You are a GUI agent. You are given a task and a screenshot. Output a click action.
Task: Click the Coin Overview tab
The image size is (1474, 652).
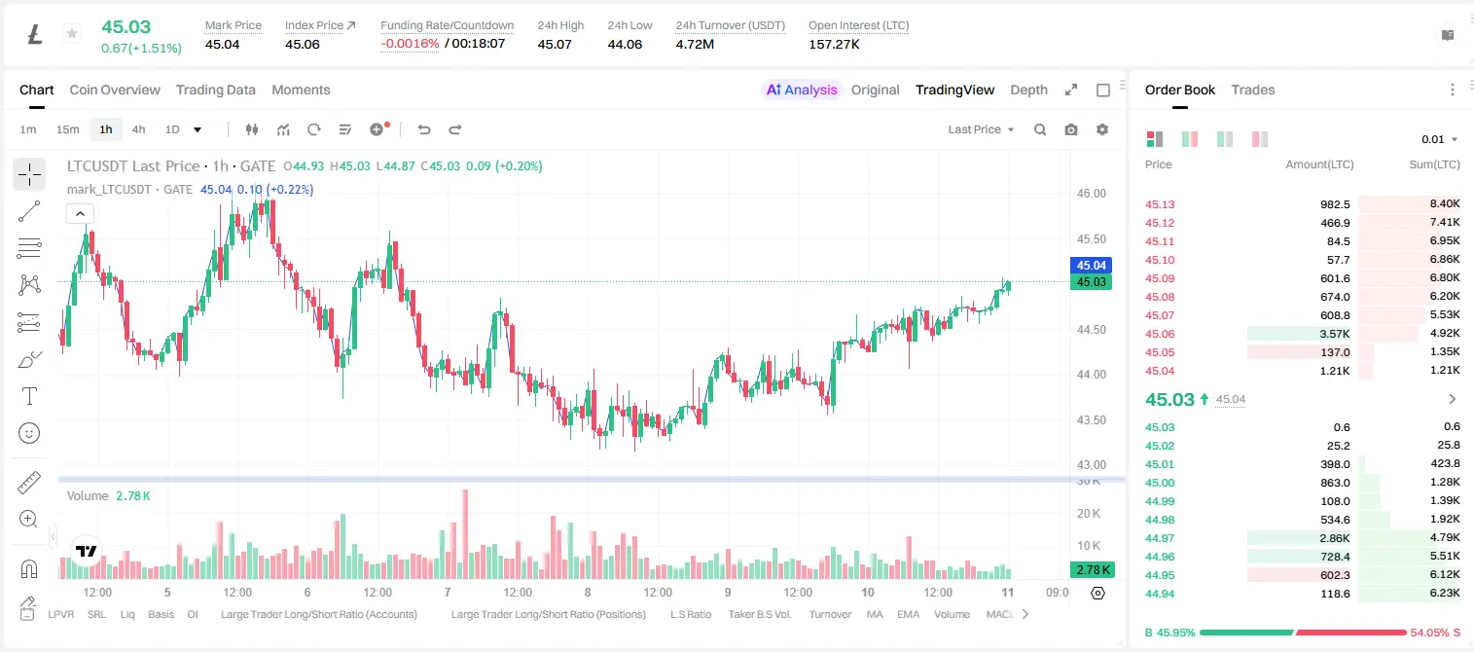point(115,90)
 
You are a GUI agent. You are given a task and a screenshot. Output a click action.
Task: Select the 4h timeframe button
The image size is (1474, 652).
point(138,129)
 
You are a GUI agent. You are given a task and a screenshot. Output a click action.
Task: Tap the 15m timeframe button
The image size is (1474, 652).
point(68,129)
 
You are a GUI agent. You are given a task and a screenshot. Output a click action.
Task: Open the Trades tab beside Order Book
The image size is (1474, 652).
point(1253,90)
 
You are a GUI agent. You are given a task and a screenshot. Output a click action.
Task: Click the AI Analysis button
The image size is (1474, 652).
point(802,90)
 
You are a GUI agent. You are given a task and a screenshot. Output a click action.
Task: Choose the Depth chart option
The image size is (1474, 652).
point(1028,90)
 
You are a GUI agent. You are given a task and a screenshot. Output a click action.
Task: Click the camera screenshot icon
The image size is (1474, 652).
point(1071,129)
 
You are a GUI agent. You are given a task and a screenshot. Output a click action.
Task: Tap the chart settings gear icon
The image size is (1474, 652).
point(1102,129)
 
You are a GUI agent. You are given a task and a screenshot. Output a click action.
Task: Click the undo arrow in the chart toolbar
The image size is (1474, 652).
point(424,129)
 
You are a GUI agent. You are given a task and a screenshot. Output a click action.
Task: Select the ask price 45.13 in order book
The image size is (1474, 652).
point(1160,204)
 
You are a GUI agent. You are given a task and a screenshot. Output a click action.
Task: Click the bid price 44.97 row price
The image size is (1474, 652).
point(1160,538)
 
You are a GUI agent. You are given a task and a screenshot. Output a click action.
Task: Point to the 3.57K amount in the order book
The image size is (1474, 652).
point(1335,334)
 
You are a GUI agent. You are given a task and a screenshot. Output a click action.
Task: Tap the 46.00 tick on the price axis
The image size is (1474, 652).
point(1091,194)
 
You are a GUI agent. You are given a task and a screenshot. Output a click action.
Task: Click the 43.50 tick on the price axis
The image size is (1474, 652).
point(1091,419)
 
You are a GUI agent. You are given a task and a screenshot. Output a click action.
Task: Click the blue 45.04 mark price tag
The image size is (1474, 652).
point(1091,265)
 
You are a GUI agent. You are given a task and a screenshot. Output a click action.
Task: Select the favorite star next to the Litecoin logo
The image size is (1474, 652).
point(72,33)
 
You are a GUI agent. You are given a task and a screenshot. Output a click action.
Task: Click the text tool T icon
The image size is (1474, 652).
point(29,396)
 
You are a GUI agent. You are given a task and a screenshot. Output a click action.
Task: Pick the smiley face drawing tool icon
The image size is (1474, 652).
point(29,433)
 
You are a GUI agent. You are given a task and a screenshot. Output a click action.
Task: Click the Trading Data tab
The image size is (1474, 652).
point(215,90)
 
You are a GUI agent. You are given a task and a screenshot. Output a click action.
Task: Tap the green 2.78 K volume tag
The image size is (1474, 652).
point(1091,569)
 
